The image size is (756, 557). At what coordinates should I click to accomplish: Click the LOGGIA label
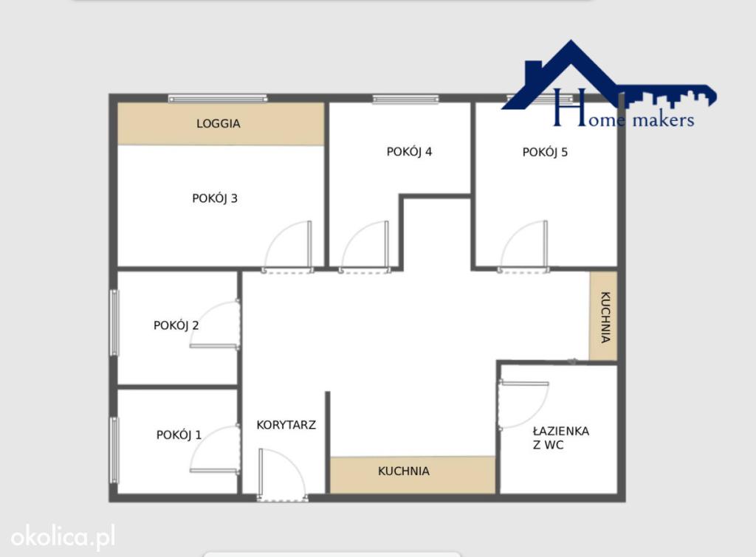tap(218, 124)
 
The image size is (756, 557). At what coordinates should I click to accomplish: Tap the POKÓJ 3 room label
tap(215, 198)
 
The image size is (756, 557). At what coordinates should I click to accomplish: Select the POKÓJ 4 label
tap(409, 152)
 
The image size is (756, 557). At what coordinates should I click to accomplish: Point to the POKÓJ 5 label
tap(545, 152)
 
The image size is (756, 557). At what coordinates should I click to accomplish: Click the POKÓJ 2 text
tap(176, 326)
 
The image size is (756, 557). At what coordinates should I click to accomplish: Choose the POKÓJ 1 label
tap(179, 435)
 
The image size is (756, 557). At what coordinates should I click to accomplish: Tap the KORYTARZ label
tap(286, 425)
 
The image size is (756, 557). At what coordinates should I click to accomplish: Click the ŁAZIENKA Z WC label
tap(561, 437)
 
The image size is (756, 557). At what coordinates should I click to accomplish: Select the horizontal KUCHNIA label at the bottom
tap(404, 471)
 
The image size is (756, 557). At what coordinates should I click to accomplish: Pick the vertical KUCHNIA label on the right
tap(605, 317)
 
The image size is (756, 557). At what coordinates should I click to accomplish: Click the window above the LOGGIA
tap(218, 99)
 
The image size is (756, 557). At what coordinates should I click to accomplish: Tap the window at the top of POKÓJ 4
tap(405, 100)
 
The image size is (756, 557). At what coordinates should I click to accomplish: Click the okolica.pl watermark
tap(63, 537)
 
